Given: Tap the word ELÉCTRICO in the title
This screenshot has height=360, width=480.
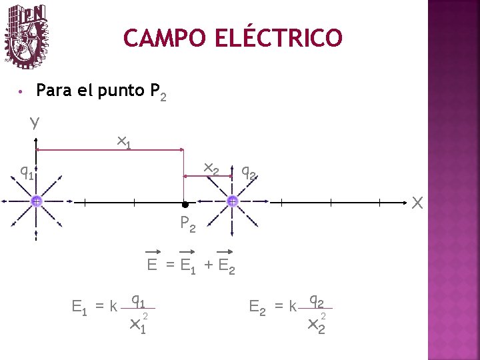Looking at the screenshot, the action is click(279, 38).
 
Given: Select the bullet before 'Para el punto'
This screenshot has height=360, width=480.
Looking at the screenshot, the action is click(22, 91).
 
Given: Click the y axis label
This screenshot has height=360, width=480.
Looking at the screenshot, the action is click(34, 122).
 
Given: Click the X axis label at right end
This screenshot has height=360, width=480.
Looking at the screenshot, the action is click(417, 201).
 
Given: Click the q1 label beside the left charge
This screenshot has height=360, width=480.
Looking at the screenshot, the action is click(27, 173).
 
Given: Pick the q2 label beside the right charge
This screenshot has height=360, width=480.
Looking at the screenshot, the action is click(249, 173).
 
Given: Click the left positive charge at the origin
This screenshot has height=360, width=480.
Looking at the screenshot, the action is click(36, 201).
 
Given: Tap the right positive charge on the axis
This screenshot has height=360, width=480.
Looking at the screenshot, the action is click(232, 201).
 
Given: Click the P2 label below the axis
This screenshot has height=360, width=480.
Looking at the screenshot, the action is click(188, 225).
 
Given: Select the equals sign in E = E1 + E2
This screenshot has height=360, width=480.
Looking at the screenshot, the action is click(169, 265).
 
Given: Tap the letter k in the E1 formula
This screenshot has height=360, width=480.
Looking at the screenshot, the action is click(113, 307).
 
